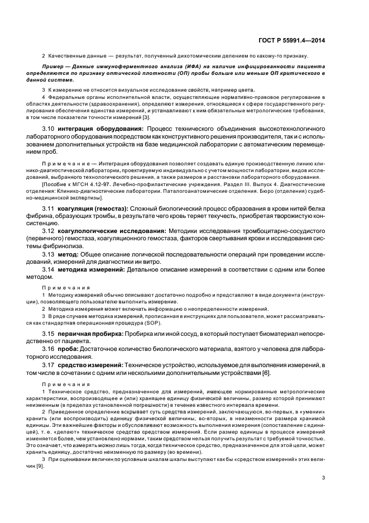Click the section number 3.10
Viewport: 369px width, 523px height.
coord(50,129)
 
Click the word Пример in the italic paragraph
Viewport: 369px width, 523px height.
coord(54,66)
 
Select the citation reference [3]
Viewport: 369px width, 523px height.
coord(146,116)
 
